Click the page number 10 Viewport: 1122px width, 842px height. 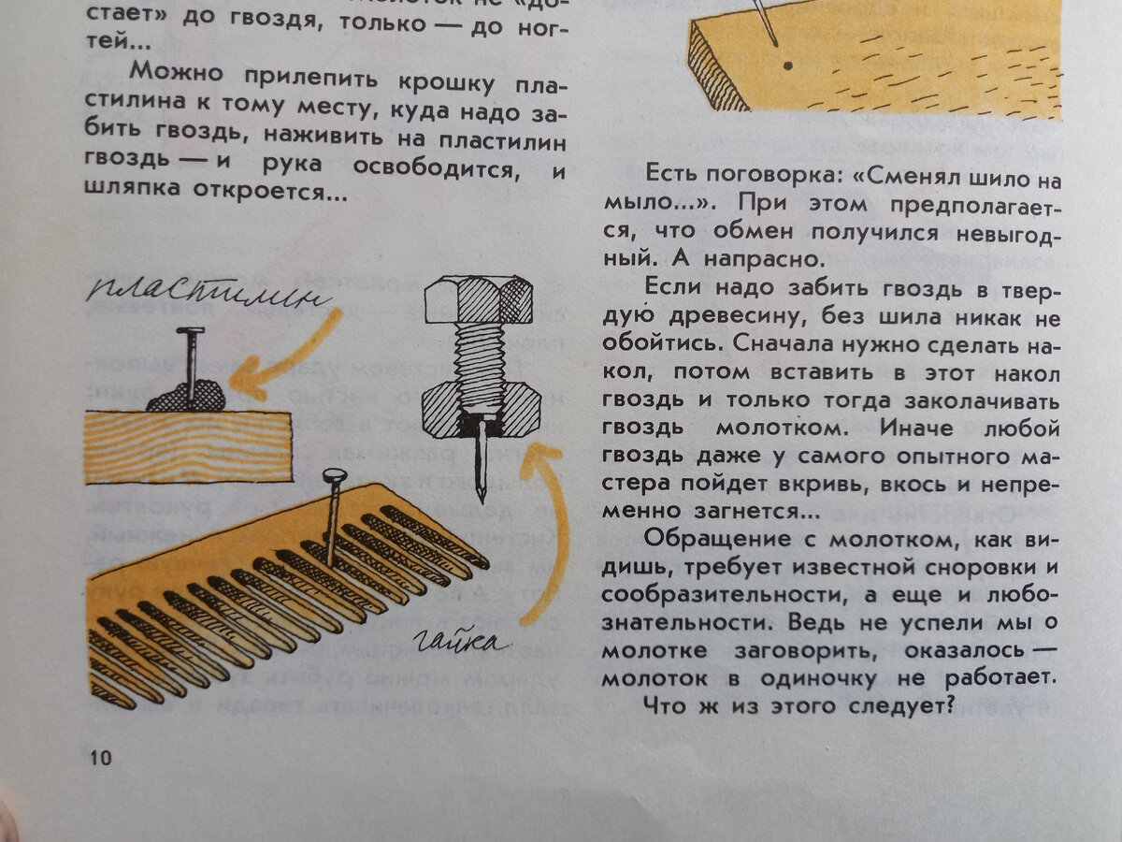101,757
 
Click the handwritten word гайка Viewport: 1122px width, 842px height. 459,642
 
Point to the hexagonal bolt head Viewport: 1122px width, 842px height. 479,299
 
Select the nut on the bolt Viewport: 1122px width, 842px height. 481,410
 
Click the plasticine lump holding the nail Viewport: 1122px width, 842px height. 187,395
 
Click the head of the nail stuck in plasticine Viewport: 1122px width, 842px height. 190,331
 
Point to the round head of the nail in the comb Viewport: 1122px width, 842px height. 335,476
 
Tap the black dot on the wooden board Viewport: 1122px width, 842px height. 788,65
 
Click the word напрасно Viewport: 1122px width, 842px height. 764,259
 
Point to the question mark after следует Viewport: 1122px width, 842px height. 950,705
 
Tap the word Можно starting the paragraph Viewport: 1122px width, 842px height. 177,72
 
